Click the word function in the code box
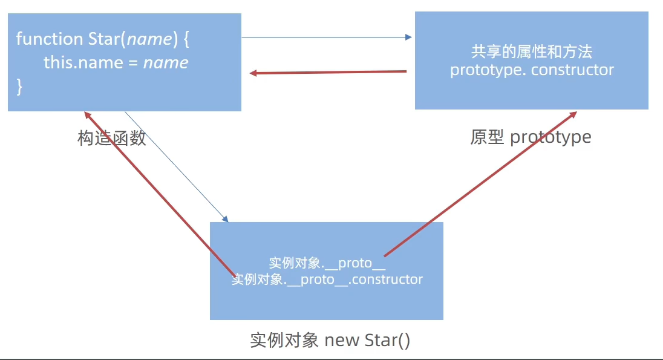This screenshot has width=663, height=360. (49, 39)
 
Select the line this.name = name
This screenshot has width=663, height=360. (116, 62)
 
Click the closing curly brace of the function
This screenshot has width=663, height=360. (19, 86)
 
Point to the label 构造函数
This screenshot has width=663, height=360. (112, 138)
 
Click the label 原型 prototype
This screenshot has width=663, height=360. (531, 137)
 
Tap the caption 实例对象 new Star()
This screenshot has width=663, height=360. (330, 340)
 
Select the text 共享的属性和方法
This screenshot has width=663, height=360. (532, 51)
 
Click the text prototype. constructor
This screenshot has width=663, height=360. (532, 70)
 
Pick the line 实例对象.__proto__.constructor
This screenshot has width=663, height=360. (327, 280)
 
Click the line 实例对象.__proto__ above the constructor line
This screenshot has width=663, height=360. (327, 263)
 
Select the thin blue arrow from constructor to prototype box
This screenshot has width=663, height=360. (327, 38)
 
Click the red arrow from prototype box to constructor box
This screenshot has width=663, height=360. (328, 73)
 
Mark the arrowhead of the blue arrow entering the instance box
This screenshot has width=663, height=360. (226, 219)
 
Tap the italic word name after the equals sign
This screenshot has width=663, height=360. (166, 62)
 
